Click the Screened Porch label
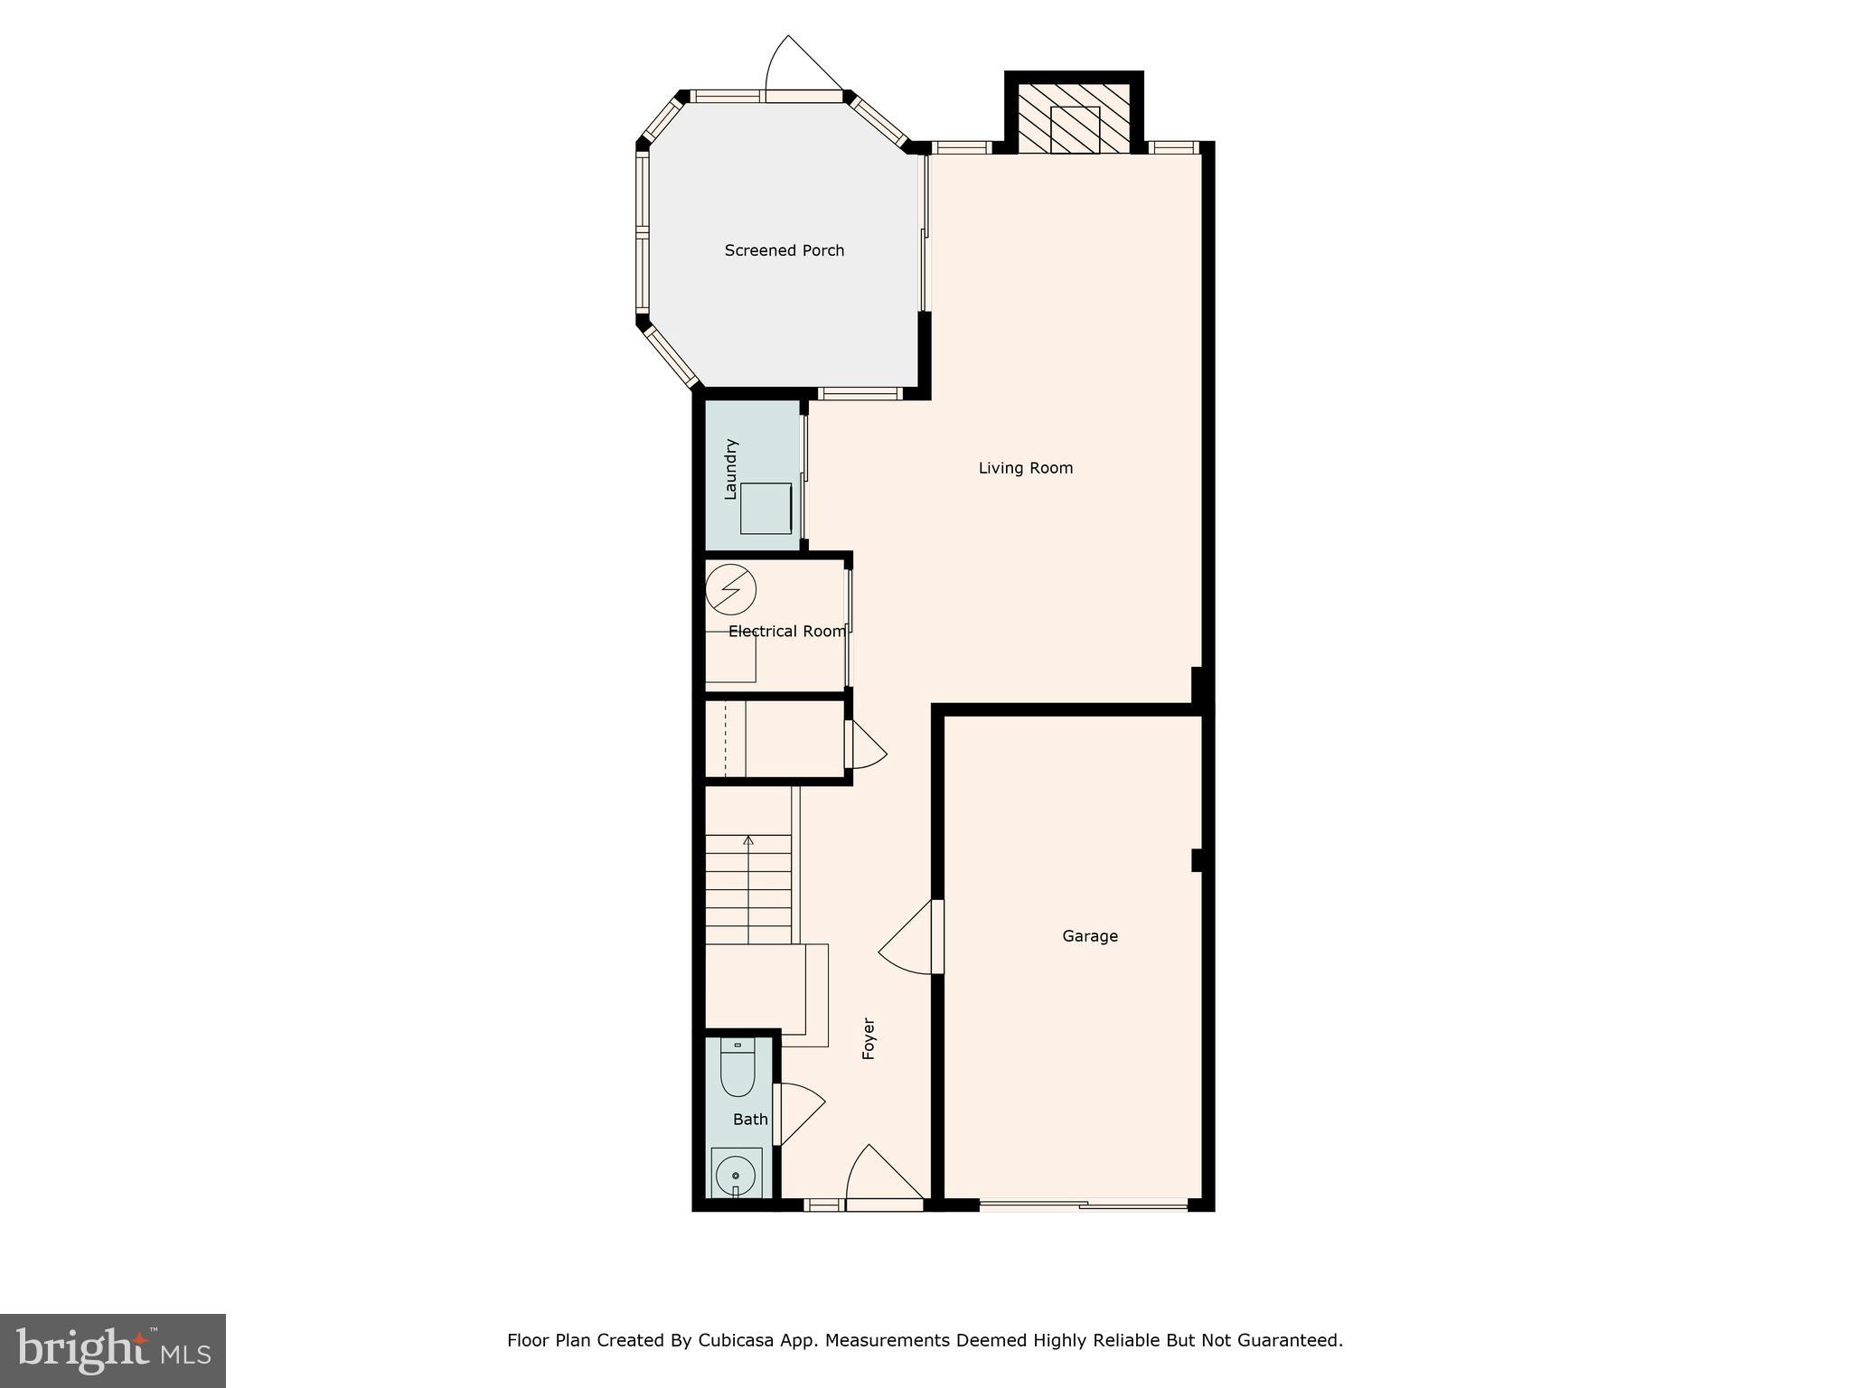(784, 250)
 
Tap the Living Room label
(1025, 468)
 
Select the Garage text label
(1089, 936)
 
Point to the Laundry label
(731, 469)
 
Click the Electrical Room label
(786, 632)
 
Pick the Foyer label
(869, 1038)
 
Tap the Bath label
(749, 1120)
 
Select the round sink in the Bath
(736, 1176)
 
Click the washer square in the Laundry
(766, 508)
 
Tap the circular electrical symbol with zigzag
(730, 590)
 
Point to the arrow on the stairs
(747, 841)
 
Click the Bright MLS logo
(113, 1350)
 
